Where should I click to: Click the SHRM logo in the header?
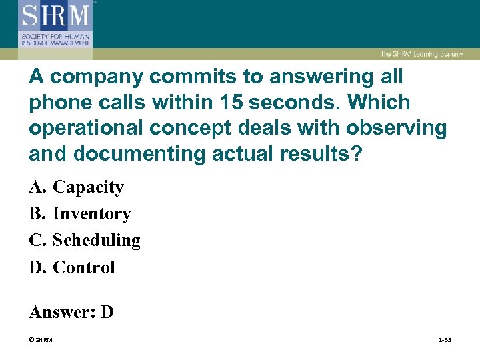click(x=55, y=25)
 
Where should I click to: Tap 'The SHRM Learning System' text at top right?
click(x=422, y=54)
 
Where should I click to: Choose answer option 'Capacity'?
click(x=88, y=187)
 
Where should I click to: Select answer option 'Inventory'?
click(x=92, y=214)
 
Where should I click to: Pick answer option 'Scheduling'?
click(x=97, y=240)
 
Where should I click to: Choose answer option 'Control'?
click(x=84, y=267)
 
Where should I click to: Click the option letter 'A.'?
click(x=37, y=187)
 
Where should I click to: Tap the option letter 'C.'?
click(x=37, y=240)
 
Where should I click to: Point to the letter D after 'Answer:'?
click(x=107, y=311)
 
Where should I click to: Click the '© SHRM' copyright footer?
click(x=41, y=340)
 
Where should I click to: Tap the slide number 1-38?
click(x=445, y=340)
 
